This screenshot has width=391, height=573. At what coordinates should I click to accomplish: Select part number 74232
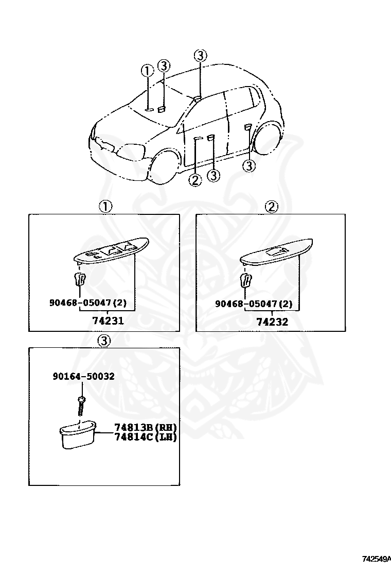tap(273, 322)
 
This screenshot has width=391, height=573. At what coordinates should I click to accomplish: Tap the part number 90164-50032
tap(83, 377)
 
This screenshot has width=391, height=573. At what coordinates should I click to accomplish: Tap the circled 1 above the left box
tap(105, 207)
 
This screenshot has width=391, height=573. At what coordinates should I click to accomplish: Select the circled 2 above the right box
tap(271, 207)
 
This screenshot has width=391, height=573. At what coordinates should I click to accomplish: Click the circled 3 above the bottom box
tap(104, 341)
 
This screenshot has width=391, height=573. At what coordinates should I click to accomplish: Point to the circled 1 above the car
tap(148, 71)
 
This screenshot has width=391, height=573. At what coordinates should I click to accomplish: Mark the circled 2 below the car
tap(195, 180)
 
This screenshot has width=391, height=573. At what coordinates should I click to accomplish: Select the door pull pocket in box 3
tap(77, 434)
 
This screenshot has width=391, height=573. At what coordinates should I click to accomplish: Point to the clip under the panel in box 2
tap(246, 281)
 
